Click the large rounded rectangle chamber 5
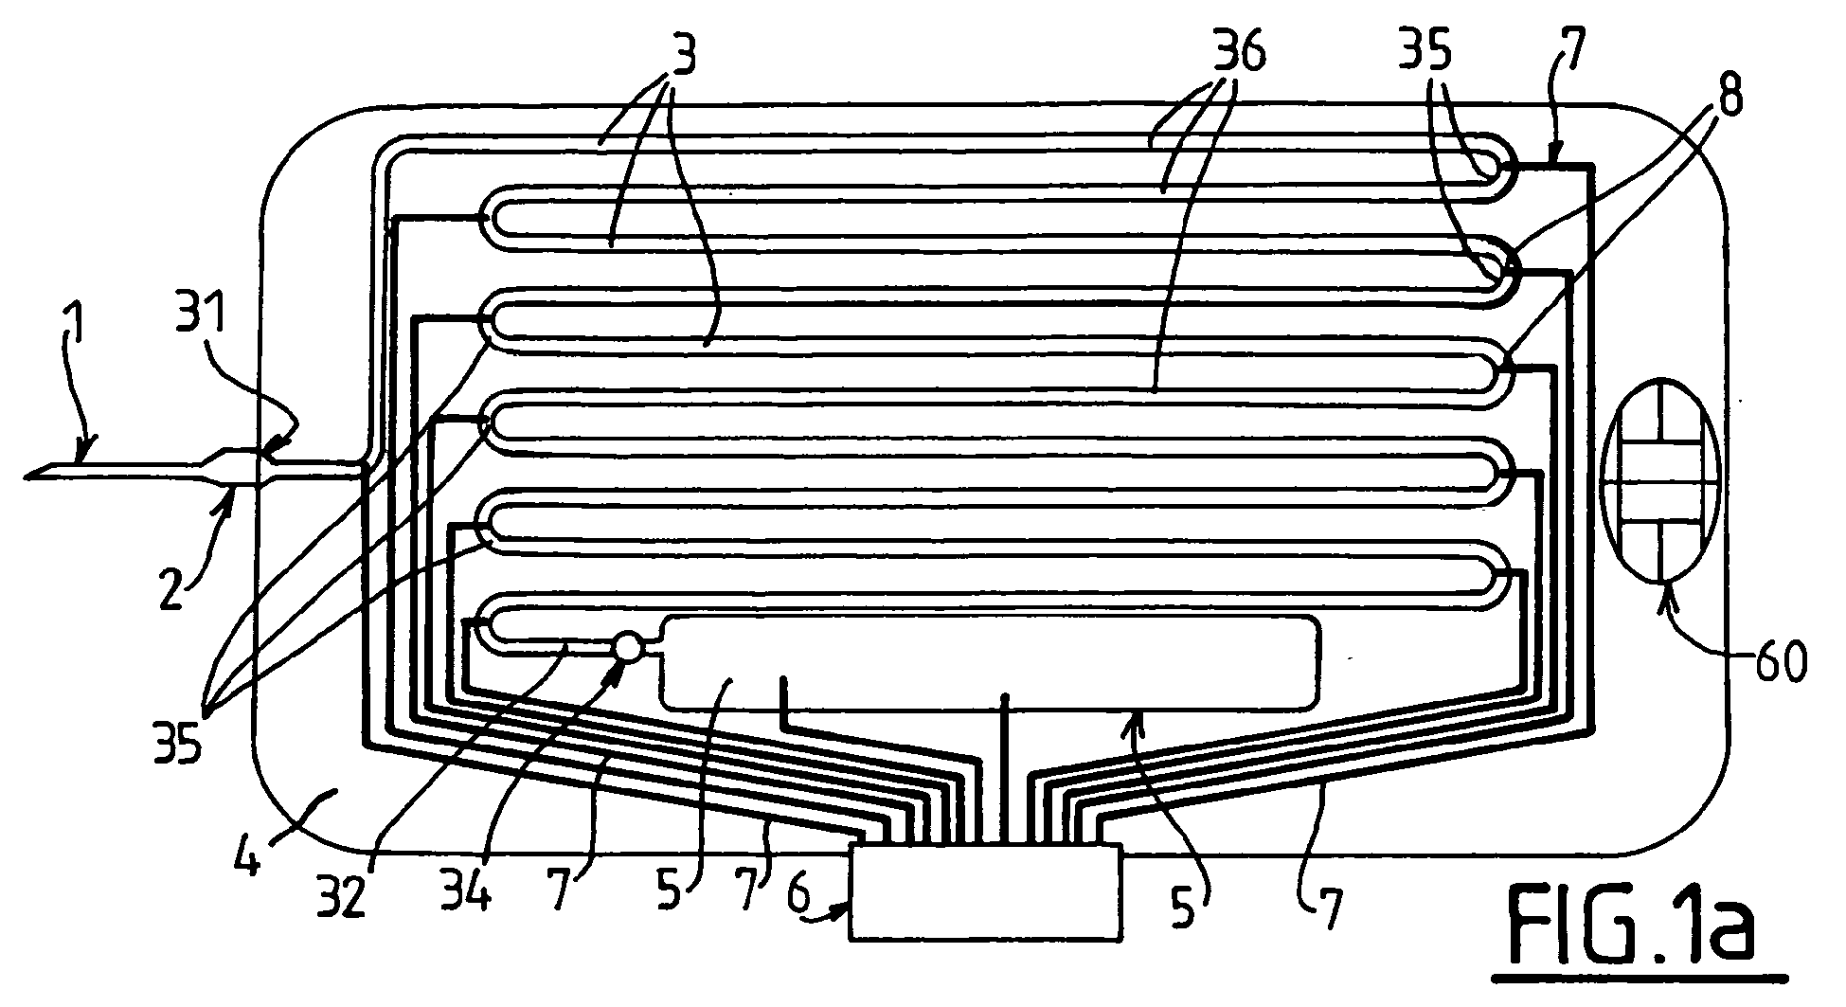[x=991, y=662]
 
